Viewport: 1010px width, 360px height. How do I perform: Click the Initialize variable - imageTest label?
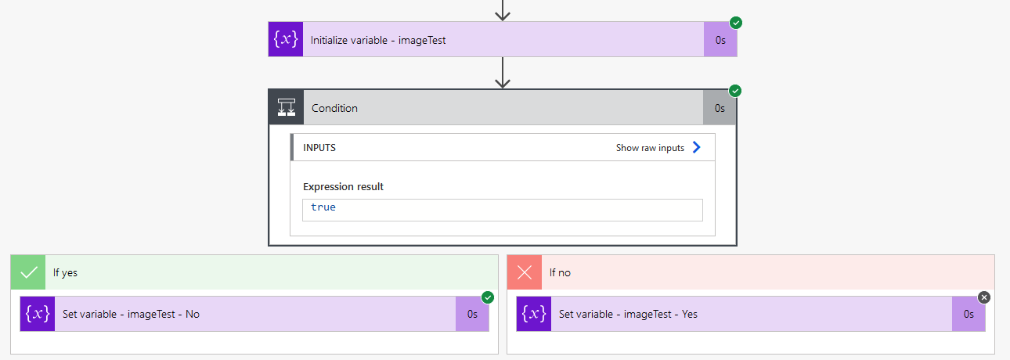[378, 40]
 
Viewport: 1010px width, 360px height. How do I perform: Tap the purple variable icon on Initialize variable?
[285, 39]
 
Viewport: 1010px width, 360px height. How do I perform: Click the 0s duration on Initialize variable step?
[720, 40]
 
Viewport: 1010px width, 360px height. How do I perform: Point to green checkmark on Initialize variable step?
[736, 23]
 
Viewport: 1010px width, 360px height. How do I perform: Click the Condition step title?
[334, 108]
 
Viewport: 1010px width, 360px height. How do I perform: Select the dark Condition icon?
[286, 107]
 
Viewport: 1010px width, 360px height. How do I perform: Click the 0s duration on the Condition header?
[720, 108]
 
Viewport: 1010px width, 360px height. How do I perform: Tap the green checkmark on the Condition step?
[735, 91]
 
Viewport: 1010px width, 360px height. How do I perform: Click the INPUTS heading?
[319, 148]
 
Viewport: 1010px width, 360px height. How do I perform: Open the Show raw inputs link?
[650, 148]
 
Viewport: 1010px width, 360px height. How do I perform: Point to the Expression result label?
[343, 187]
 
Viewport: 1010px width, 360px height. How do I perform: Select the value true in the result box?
[323, 207]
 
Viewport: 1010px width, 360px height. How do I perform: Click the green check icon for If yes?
[28, 273]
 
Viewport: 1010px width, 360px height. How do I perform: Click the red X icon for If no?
[525, 273]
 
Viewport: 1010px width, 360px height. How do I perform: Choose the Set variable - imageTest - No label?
[131, 314]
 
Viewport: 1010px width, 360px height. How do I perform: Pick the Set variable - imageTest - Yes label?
[628, 314]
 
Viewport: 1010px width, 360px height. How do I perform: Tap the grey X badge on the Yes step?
[984, 297]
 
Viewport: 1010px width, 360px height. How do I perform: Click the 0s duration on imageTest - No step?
[472, 314]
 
